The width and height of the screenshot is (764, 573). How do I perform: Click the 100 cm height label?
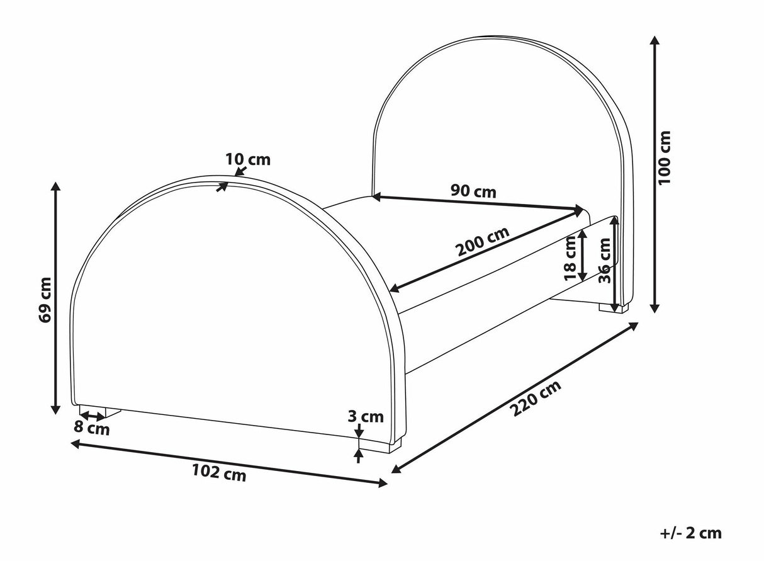click(x=664, y=157)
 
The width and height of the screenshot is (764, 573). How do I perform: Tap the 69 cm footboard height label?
click(x=45, y=300)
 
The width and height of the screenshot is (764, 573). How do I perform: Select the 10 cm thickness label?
click(x=248, y=159)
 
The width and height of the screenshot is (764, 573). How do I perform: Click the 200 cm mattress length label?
click(x=483, y=241)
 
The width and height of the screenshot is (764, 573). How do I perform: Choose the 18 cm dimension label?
click(x=570, y=258)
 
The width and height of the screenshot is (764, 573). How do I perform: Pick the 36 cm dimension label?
click(x=604, y=261)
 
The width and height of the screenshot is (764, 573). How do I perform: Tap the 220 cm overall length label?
click(x=537, y=398)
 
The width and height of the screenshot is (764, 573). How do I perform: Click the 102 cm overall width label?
click(x=219, y=473)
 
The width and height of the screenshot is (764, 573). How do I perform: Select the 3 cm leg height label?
click(x=366, y=417)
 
